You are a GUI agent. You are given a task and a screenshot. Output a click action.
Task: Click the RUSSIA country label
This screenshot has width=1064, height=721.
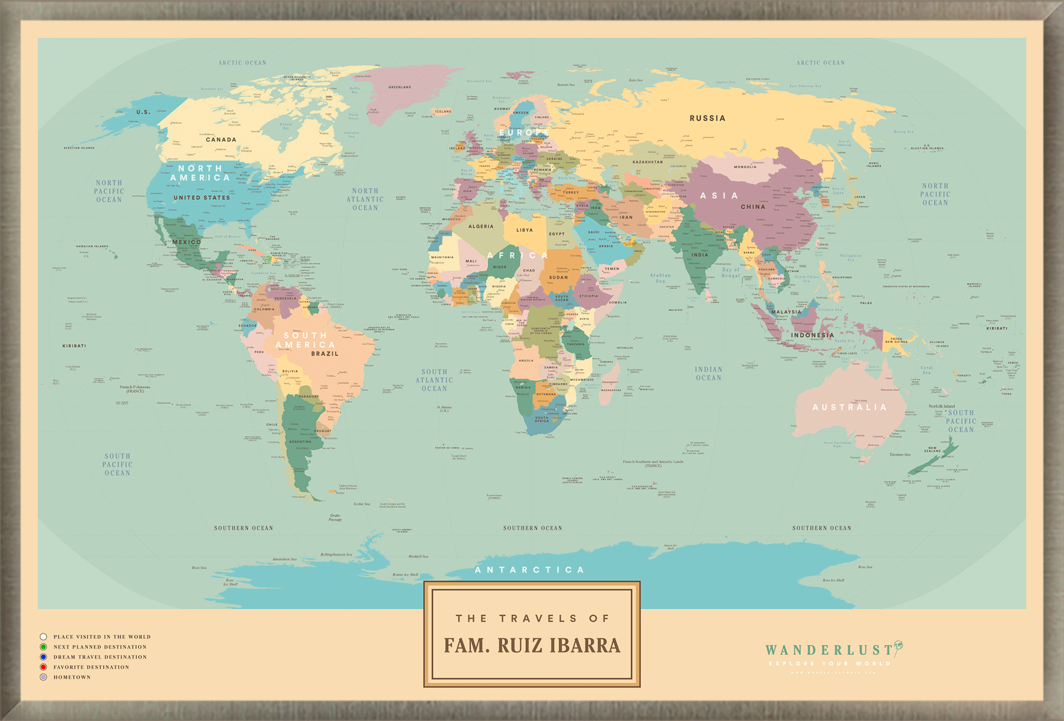707,118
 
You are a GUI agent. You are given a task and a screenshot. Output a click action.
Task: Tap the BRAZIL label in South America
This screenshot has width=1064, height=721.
325,354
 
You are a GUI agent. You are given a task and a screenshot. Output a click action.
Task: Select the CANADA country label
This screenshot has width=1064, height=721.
221,140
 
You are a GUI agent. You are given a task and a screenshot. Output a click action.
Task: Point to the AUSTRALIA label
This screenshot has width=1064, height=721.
849,408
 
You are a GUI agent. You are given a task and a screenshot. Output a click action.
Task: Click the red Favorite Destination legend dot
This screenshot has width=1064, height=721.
43,667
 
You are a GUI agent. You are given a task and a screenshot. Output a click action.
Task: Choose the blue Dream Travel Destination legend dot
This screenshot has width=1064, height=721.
43,657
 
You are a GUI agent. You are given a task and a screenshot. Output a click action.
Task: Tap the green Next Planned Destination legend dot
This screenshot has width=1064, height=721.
43,647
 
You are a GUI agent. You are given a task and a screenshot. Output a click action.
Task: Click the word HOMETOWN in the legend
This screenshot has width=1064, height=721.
72,677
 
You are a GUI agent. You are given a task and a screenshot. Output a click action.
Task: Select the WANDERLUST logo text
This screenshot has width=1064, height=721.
829,650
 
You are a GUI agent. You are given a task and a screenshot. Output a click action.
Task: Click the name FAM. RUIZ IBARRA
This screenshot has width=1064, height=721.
532,645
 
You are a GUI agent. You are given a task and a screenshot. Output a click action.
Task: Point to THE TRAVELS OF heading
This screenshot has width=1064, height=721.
532,618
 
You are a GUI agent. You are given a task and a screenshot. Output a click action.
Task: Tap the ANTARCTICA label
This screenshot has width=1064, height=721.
530,570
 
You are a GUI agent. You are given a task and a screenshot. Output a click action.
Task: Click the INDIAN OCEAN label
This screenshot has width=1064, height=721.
708,373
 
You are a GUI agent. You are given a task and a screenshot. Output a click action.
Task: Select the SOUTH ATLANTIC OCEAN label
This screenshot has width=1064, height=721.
434,380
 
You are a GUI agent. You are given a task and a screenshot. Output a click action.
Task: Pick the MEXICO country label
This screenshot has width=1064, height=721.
187,242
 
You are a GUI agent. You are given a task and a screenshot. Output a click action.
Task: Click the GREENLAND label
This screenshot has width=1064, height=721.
400,87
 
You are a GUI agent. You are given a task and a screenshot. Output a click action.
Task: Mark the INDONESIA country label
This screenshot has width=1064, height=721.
812,335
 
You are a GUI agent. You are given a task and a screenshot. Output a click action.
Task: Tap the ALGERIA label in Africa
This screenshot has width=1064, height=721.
481,227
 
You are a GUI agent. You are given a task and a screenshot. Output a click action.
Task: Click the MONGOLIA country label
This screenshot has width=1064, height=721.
745,167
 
